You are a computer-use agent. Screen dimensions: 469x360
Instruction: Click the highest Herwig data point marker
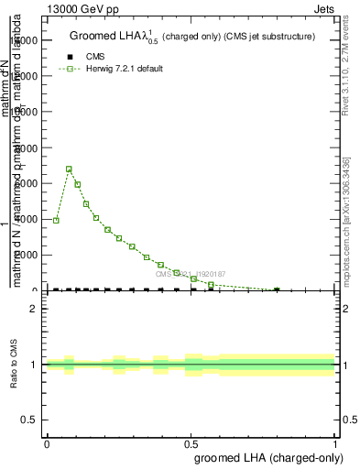[x=69, y=169]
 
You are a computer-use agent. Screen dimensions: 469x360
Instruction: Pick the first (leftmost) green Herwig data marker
[x=56, y=220]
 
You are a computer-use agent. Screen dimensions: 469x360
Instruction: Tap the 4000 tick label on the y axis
[x=28, y=219]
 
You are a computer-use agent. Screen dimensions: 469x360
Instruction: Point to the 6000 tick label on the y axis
[x=28, y=183]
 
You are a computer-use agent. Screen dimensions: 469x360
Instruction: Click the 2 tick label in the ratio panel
[x=34, y=309]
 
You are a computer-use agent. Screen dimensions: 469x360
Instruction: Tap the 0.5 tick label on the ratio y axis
[x=29, y=420]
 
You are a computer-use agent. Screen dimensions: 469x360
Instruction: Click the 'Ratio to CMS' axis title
[x=15, y=365]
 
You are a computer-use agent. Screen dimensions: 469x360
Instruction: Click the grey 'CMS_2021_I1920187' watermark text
[x=195, y=273]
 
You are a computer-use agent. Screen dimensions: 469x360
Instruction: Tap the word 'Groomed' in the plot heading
[x=94, y=37]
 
